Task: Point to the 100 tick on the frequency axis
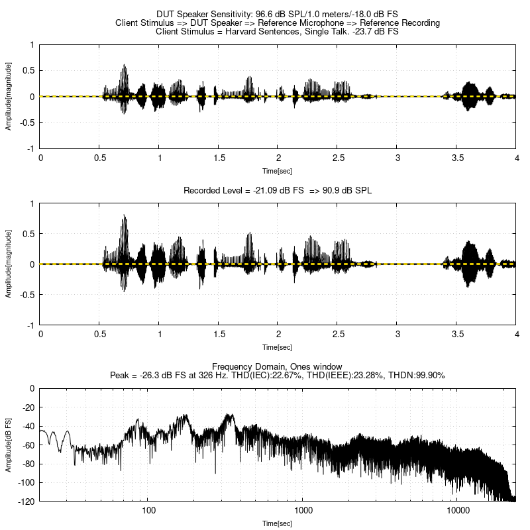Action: tap(148, 511)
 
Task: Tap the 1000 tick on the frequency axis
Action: tap(303, 511)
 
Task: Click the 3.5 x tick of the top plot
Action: tap(456, 158)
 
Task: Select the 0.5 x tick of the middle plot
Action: tap(100, 335)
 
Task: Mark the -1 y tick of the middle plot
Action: tap(31, 325)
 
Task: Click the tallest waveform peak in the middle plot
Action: tap(125, 216)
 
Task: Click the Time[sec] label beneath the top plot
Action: tap(278, 170)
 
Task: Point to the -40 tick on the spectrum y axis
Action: tap(27, 426)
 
